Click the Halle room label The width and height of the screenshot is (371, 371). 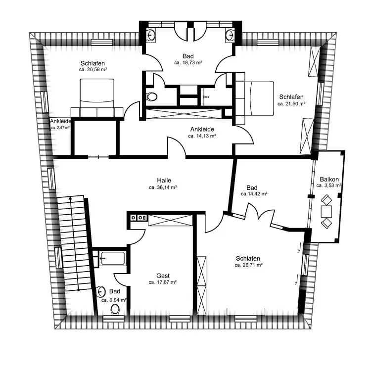click(164, 180)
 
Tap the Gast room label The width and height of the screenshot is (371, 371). click(163, 276)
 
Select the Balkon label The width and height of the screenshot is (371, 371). click(329, 180)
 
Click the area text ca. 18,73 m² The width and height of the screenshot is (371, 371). click(188, 63)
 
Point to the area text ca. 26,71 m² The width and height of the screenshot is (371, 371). click(249, 265)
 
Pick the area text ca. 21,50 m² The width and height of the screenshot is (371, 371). click(291, 104)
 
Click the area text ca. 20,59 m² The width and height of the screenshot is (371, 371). click(93, 70)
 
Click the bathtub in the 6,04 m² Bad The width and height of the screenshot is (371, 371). click(112, 258)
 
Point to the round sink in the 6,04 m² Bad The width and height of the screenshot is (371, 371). click(101, 291)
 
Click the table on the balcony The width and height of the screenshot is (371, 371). click(326, 212)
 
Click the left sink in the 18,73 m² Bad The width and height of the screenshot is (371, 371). click(151, 35)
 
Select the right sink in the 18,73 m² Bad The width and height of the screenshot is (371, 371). click(230, 35)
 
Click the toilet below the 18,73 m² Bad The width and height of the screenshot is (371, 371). click(151, 96)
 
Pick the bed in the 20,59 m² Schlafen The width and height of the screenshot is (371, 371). click(97, 98)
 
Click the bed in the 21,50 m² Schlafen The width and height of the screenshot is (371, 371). click(255, 98)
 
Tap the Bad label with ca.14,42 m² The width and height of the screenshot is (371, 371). click(252, 188)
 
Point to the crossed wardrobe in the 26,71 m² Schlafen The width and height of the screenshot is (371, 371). click(201, 285)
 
